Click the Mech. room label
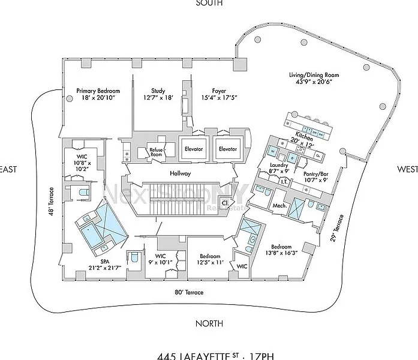coord(279,206)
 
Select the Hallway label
coord(180,173)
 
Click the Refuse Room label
coord(156,154)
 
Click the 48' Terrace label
coord(52,202)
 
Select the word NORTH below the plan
coord(209,324)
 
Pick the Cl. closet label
coord(225,203)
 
